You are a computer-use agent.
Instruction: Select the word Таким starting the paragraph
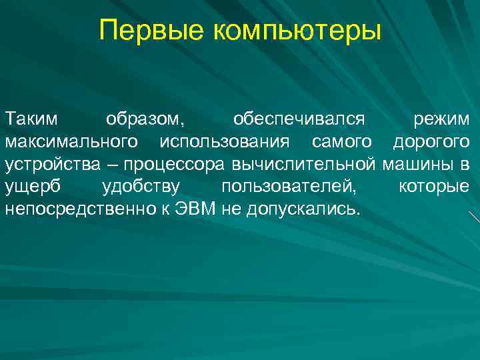click(x=31, y=119)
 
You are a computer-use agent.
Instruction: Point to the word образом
click(x=143, y=120)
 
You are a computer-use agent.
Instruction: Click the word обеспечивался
click(x=299, y=120)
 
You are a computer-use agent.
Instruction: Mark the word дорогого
click(x=430, y=141)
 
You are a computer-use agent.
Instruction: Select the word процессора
click(x=170, y=164)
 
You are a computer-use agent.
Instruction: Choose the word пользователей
click(x=288, y=187)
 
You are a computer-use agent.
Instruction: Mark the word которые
click(x=433, y=187)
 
